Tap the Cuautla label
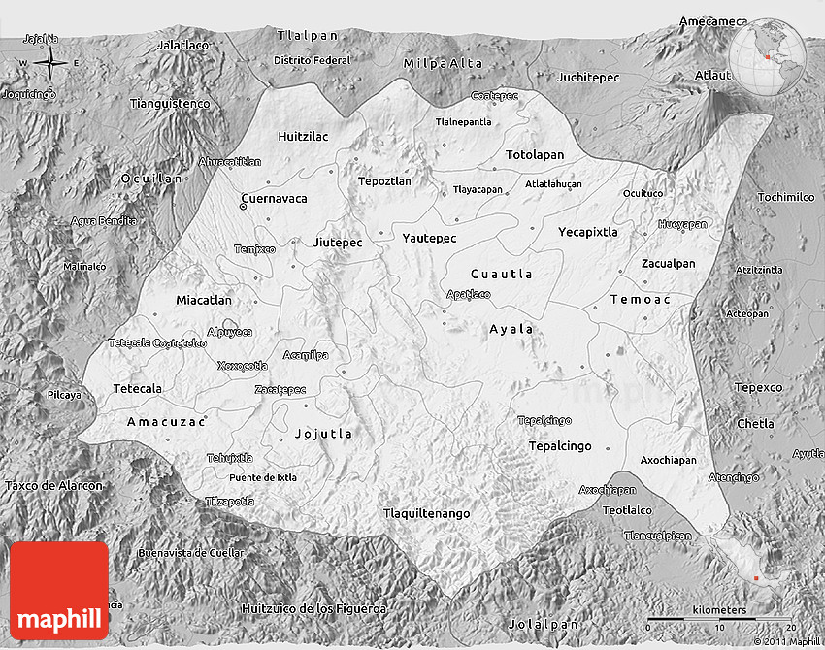click(501, 274)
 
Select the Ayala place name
click(511, 329)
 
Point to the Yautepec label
click(428, 237)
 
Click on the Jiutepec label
click(338, 242)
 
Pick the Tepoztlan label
click(384, 181)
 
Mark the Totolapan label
click(534, 155)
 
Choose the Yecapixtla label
click(587, 232)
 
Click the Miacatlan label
click(204, 301)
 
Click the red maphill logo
click(59, 590)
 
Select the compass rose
click(49, 64)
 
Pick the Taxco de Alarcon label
click(53, 485)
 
